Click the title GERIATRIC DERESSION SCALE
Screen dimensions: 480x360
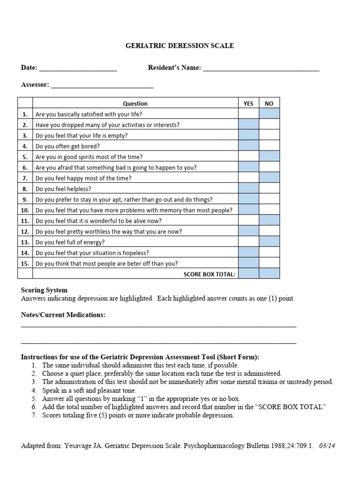(x=180, y=46)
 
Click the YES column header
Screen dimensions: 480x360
(x=248, y=104)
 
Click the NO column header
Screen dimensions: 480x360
(x=269, y=104)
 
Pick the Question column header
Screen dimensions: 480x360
(x=135, y=104)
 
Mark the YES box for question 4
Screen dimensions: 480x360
(x=248, y=146)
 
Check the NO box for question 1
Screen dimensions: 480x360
(x=269, y=114)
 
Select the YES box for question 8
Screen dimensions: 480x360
(x=248, y=189)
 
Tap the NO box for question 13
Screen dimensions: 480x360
(x=269, y=242)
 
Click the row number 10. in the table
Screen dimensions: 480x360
(x=25, y=210)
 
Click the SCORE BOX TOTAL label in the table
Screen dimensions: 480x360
(x=209, y=275)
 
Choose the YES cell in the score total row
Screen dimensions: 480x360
(x=248, y=274)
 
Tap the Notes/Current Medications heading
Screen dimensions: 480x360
(x=63, y=315)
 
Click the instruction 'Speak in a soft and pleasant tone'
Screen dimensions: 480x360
(x=89, y=390)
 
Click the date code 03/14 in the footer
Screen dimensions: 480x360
(x=327, y=446)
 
